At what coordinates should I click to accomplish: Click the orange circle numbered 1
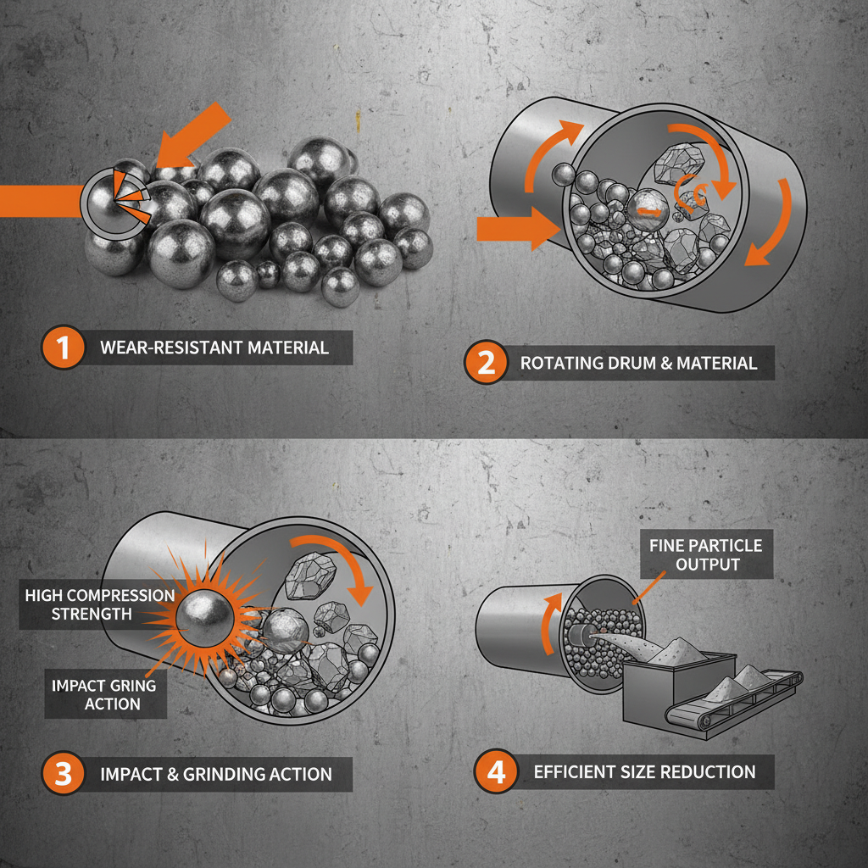click(62, 348)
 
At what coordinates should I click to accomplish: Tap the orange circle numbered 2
click(486, 364)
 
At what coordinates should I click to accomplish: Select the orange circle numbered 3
click(62, 773)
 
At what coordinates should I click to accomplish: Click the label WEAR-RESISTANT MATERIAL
click(214, 348)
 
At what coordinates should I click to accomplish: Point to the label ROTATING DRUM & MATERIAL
click(638, 364)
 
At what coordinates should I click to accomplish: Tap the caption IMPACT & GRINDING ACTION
click(215, 773)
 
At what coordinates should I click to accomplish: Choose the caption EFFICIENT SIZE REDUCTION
click(644, 771)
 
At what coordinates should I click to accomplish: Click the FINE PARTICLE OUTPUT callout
click(705, 554)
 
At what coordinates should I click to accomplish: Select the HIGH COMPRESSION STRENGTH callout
click(99, 604)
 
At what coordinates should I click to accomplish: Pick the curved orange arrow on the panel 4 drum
click(551, 623)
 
